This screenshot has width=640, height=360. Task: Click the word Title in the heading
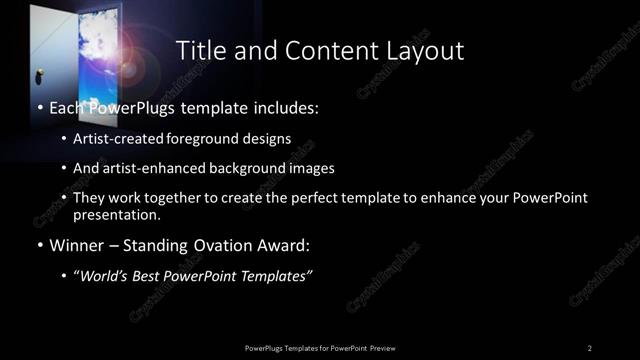click(x=200, y=50)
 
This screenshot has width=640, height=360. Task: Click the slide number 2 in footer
click(x=590, y=347)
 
